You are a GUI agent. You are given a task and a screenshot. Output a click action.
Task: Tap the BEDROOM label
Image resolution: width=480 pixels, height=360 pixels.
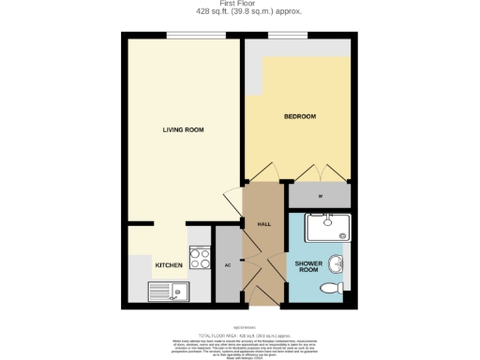300,116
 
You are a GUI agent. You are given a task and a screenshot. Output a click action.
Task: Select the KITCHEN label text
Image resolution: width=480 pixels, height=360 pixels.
169,265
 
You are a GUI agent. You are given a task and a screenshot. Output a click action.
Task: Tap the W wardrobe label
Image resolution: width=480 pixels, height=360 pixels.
320,196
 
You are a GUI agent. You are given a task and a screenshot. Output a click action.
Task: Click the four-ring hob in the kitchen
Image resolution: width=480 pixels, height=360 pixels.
200,254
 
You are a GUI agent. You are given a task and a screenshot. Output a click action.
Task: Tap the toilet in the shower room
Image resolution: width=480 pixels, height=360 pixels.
333,289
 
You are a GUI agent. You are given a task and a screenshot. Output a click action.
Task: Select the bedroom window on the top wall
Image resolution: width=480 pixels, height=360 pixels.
280,37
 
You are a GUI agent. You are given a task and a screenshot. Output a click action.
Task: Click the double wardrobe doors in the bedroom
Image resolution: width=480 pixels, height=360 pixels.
321,173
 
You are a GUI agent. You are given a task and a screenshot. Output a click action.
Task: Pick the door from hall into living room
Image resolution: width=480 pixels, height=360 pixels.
232,201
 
